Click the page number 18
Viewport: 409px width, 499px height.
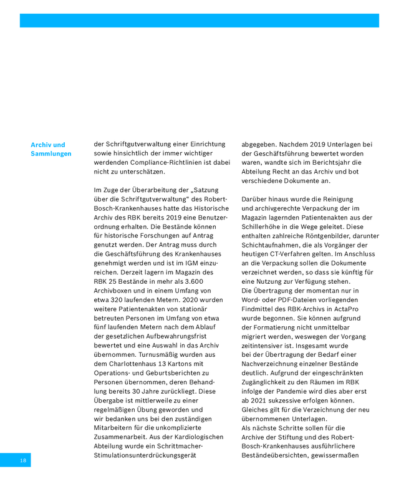tap(22, 460)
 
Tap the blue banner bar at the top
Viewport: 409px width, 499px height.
tap(199, 21)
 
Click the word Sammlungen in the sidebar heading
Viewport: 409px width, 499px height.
tap(51, 154)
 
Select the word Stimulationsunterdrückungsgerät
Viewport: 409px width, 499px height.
tap(145, 456)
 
